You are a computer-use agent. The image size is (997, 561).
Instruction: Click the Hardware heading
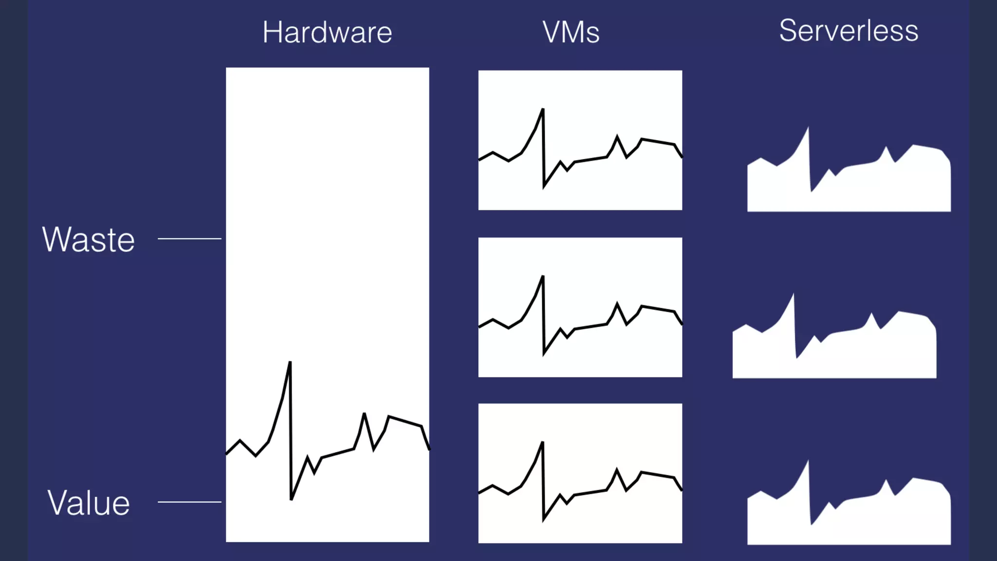click(327, 33)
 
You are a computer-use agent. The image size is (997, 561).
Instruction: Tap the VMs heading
click(571, 33)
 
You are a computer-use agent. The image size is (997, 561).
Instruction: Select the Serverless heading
click(849, 31)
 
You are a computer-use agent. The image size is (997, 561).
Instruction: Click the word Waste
click(88, 240)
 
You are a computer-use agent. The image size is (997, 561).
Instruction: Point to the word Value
click(89, 503)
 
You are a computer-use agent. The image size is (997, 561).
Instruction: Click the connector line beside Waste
click(189, 239)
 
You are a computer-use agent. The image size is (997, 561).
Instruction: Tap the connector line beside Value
click(189, 502)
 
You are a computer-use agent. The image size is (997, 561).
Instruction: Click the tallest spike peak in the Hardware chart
click(290, 362)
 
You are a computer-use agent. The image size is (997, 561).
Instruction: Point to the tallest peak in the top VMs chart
click(543, 110)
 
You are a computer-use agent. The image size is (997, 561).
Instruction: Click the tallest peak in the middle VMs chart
click(543, 277)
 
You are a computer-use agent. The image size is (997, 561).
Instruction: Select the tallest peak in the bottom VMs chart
click(542, 443)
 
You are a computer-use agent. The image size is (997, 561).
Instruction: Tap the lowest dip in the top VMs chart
click(544, 187)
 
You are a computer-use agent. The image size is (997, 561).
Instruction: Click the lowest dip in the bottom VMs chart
click(543, 520)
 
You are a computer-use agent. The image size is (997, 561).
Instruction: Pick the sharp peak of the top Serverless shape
click(808, 128)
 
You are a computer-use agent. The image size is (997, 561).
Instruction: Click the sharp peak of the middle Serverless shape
click(794, 295)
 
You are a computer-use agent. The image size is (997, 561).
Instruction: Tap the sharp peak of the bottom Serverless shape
click(808, 461)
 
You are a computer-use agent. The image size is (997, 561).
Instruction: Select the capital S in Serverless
click(789, 31)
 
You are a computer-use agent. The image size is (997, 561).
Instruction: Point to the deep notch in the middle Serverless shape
click(797, 357)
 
